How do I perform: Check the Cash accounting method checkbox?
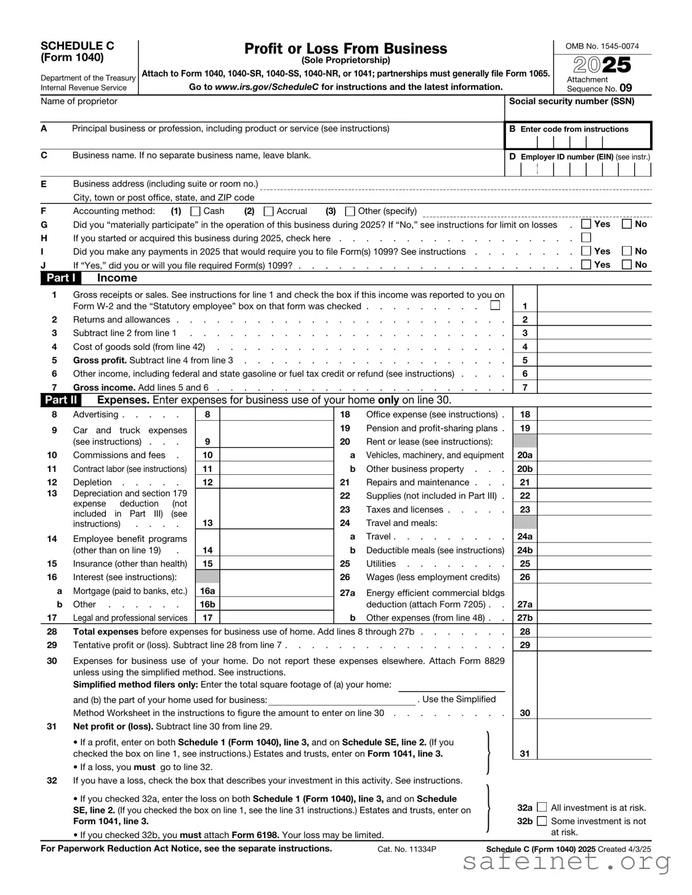pos(196,211)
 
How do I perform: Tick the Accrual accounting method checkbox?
pos(268,211)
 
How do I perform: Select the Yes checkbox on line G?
pos(586,224)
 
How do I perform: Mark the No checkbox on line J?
pos(627,265)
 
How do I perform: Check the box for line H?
pos(586,237)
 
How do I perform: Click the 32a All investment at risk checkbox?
pos(542,807)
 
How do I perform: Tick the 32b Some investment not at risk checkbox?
pos(542,821)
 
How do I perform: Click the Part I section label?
pos(61,278)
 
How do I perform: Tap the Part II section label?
pos(61,400)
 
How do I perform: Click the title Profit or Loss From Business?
pos(345,49)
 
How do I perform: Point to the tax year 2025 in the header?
pos(602,65)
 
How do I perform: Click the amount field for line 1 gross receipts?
pos(594,306)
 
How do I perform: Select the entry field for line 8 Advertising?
pos(276,415)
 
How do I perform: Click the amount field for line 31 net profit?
pos(594,753)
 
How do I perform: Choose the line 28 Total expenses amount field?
pos(594,632)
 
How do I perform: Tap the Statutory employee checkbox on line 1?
pos(495,305)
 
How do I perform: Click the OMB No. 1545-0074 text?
pos(602,46)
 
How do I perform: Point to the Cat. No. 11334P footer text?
pos(407,849)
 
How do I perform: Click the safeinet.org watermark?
pos(566,862)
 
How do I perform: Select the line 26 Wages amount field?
pos(594,577)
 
